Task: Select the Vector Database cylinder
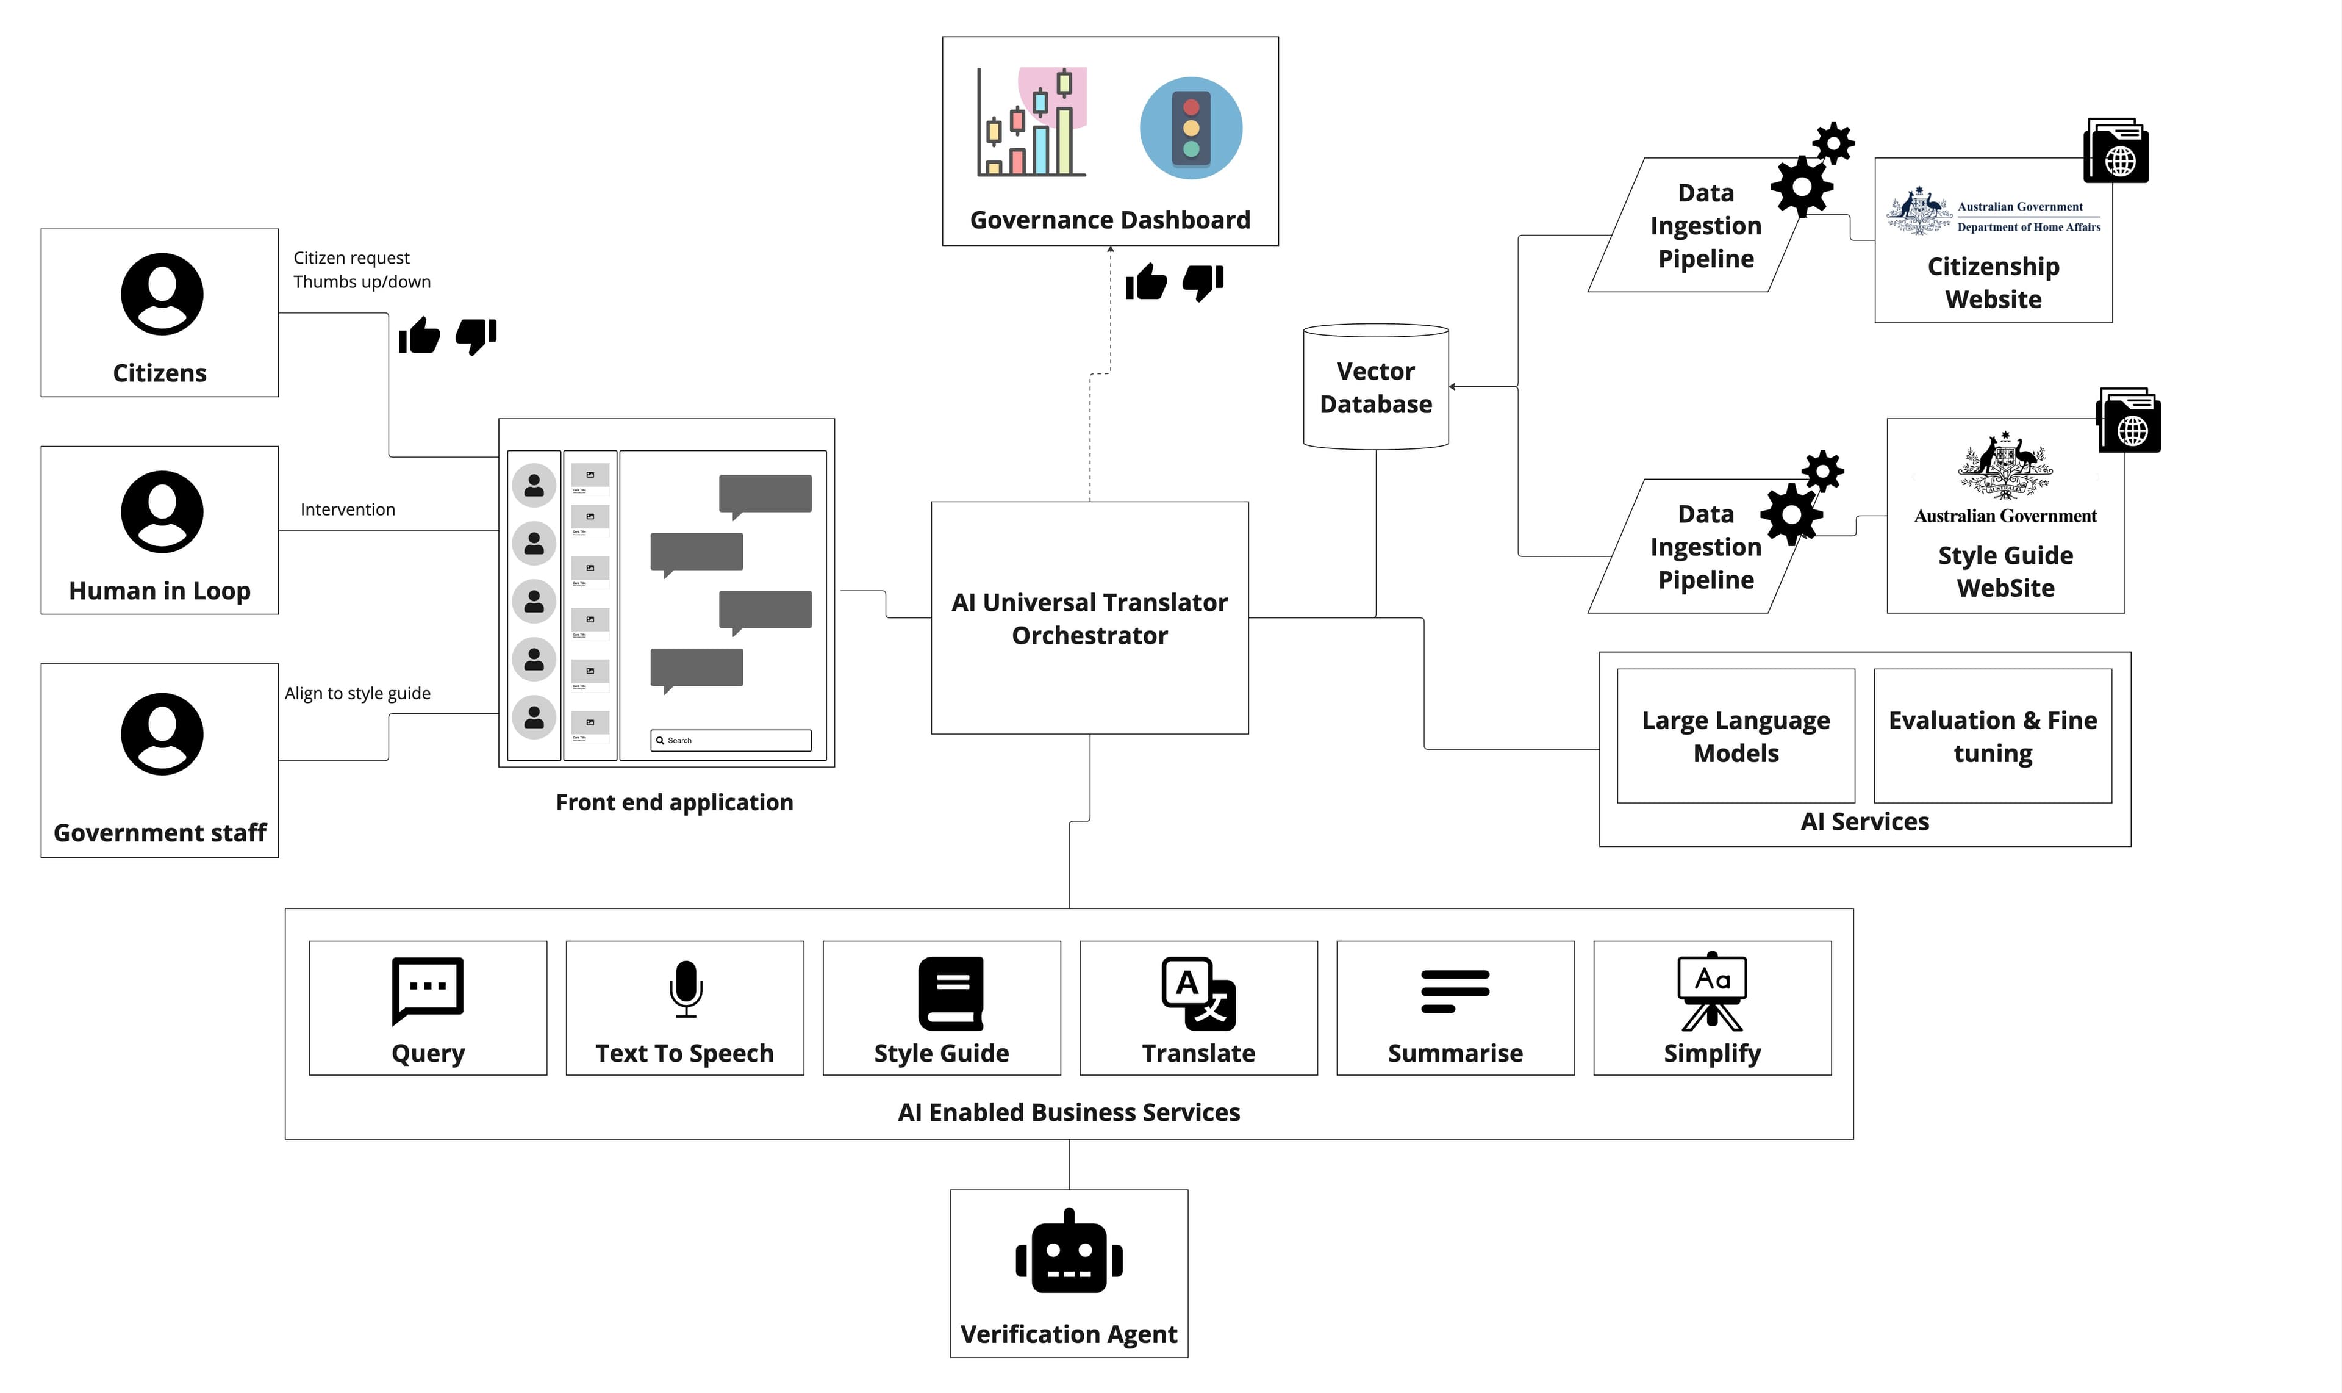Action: (x=1375, y=387)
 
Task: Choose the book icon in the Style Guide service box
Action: (x=950, y=993)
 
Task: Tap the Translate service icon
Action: (x=1198, y=993)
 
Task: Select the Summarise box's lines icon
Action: (x=1455, y=992)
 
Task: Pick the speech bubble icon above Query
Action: (x=428, y=989)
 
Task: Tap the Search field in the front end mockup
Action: (x=731, y=741)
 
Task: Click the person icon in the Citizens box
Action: (x=162, y=294)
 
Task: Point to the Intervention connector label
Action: (x=347, y=509)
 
